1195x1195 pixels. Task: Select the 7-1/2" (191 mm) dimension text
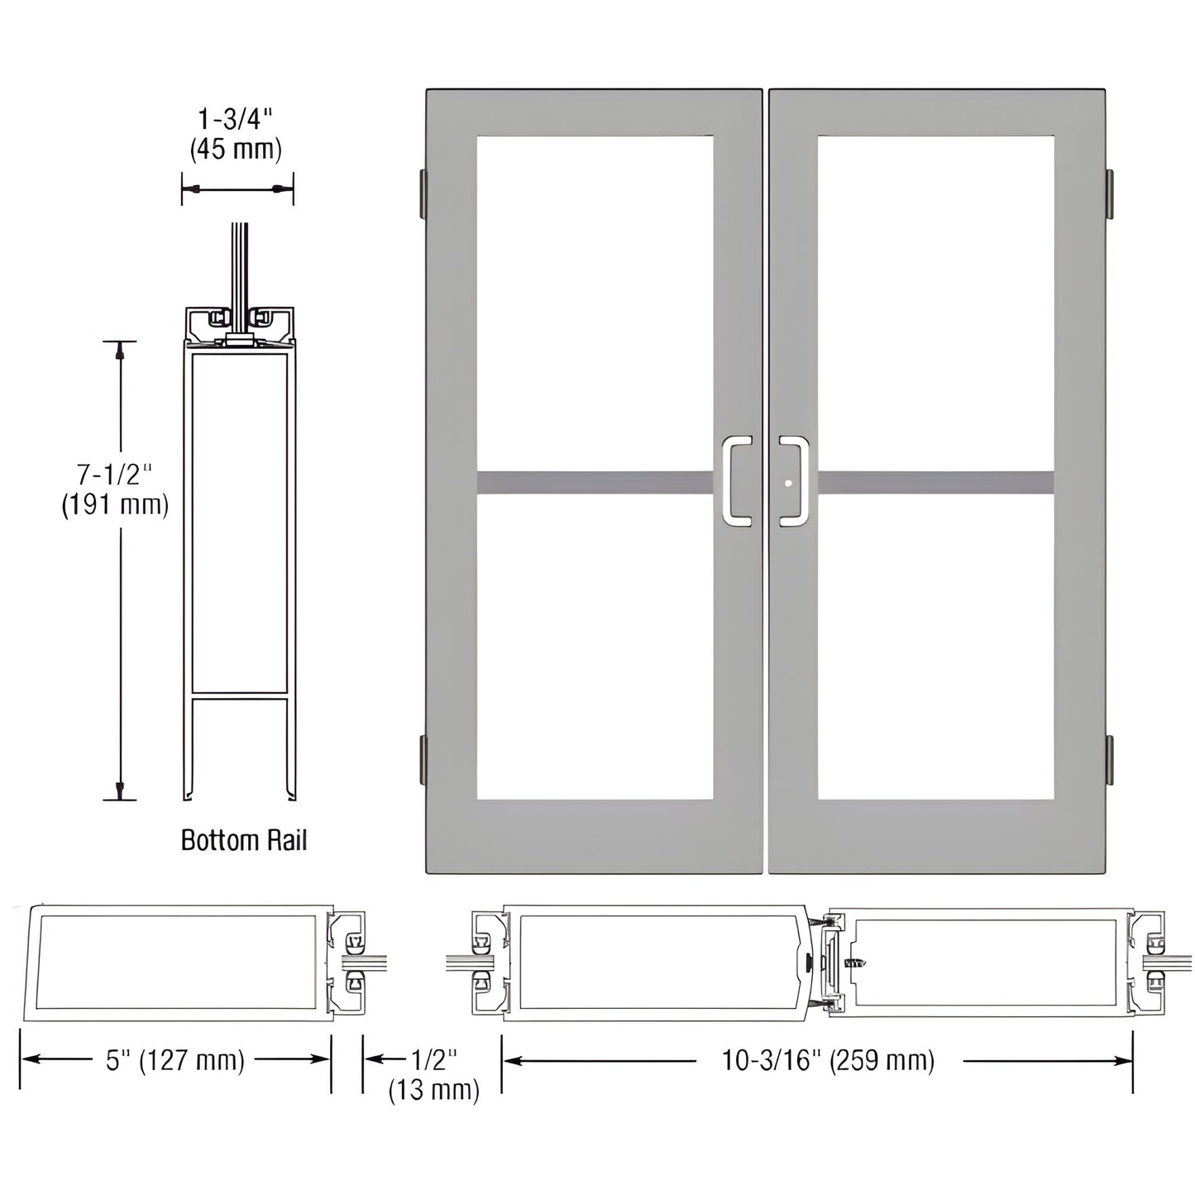pyautogui.click(x=115, y=490)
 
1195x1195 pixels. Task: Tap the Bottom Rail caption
pyautogui.click(x=243, y=840)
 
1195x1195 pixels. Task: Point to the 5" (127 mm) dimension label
pyautogui.click(x=175, y=1060)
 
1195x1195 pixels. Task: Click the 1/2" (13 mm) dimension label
pyautogui.click(x=433, y=1074)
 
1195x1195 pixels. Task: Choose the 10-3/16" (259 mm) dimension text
pyautogui.click(x=828, y=1060)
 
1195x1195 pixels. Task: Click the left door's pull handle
pyautogui.click(x=736, y=480)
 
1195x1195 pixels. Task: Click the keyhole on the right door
pyautogui.click(x=790, y=484)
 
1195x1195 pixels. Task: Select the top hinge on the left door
pyautogui.click(x=423, y=191)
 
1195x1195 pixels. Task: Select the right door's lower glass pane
pyautogui.click(x=935, y=647)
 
